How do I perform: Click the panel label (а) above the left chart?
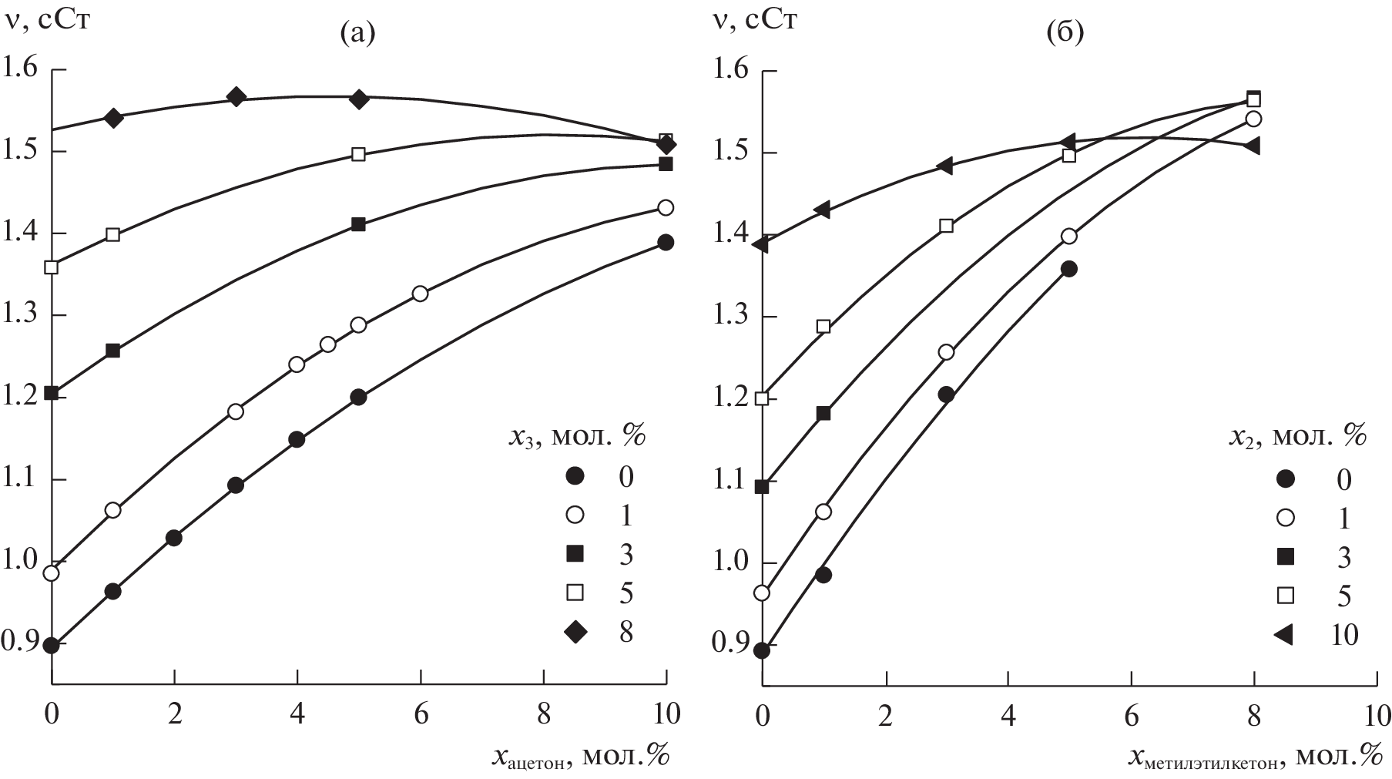pos(357,33)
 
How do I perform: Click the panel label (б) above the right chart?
pos(1066,33)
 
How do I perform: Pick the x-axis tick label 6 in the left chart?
pos(420,714)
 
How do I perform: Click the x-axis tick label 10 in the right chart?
pos(1377,715)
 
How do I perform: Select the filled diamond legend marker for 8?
pos(575,633)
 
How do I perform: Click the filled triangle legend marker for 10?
pos(1283,634)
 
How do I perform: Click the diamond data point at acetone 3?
pos(236,97)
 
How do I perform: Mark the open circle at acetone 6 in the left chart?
pos(420,294)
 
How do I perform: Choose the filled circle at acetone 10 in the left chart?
pos(666,243)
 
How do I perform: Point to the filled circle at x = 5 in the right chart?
pos(1068,269)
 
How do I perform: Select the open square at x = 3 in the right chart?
pos(946,226)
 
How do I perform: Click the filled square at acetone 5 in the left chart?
pos(358,224)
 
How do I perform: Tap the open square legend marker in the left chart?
pos(575,593)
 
